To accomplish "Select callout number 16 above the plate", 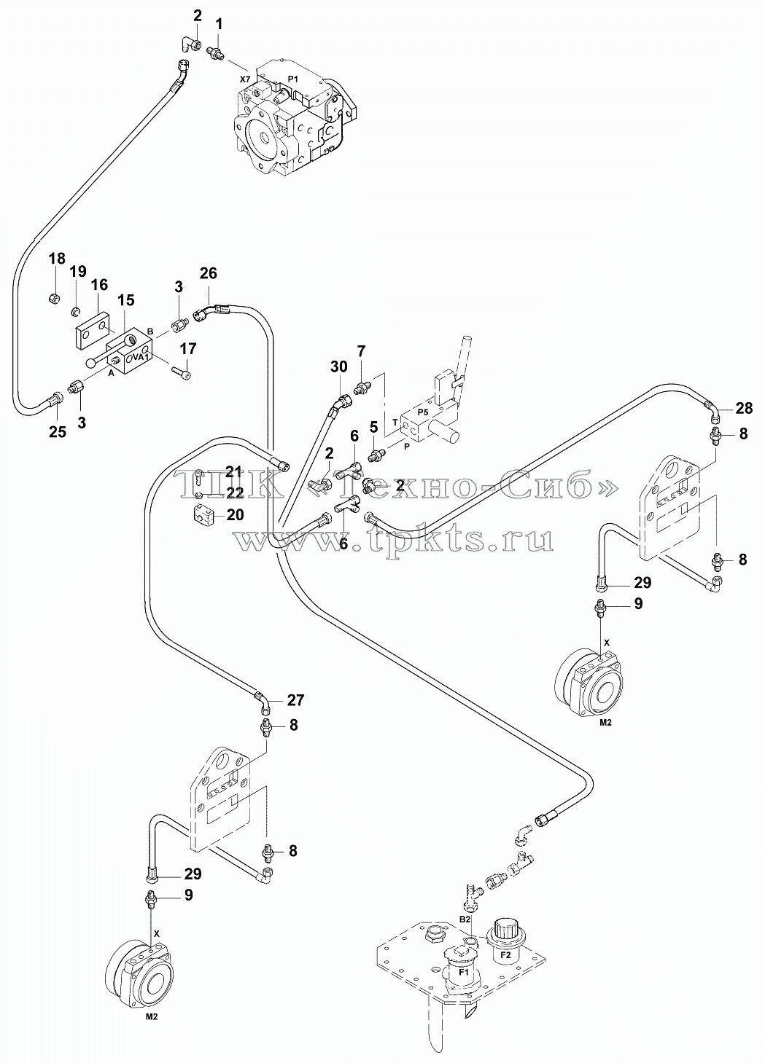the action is tap(99, 285).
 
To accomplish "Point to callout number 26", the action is tap(208, 273).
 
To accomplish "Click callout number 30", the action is tap(339, 366).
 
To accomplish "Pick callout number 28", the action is tap(744, 408).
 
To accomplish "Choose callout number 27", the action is tap(295, 700).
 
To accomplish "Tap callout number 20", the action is tap(235, 514).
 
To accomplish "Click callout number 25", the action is tap(58, 432).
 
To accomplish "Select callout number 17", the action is tap(188, 349).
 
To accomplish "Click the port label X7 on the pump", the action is tap(244, 79).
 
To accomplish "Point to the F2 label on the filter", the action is tap(505, 938).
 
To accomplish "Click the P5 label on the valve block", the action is tap(423, 412).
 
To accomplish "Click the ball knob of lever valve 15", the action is tap(92, 363).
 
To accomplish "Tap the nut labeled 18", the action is tap(55, 299).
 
